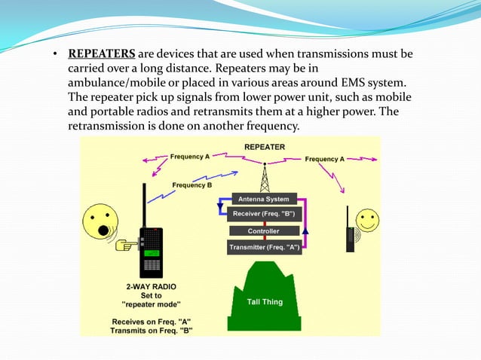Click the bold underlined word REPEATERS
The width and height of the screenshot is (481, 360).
pyautogui.click(x=102, y=54)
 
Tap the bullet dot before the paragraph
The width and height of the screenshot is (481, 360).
pyautogui.click(x=54, y=55)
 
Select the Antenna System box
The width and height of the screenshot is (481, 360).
pyautogui.click(x=263, y=200)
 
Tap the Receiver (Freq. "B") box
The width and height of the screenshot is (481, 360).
pyautogui.click(x=263, y=215)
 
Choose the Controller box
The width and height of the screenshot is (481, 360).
pyautogui.click(x=263, y=231)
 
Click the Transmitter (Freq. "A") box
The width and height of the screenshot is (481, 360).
pyautogui.click(x=263, y=247)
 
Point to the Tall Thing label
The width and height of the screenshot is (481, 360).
pyautogui.click(x=265, y=302)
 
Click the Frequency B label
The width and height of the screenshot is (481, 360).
pyautogui.click(x=192, y=185)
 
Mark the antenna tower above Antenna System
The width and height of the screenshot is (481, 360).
pyautogui.click(x=264, y=178)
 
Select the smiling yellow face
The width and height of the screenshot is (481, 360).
pyautogui.click(x=368, y=221)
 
